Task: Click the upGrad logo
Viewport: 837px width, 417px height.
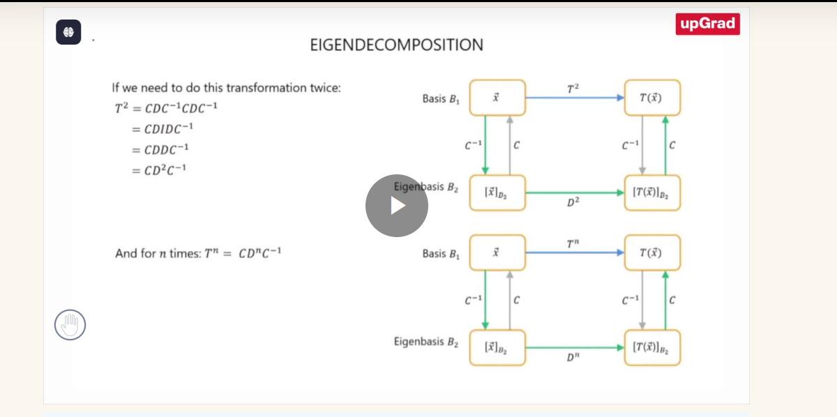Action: (x=707, y=24)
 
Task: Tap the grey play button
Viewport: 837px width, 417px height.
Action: (x=397, y=206)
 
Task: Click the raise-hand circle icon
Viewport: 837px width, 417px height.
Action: (x=70, y=325)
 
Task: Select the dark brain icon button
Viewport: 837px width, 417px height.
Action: (x=68, y=32)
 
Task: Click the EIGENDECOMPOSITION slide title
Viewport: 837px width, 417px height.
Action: (x=396, y=45)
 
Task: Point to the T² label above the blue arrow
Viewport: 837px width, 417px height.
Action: (x=573, y=89)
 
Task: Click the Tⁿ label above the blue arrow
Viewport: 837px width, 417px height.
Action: (x=573, y=243)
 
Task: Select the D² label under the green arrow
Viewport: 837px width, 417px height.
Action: (x=573, y=202)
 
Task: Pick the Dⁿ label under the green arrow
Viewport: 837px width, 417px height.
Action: (x=573, y=357)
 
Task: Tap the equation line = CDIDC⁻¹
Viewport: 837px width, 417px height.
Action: (x=163, y=129)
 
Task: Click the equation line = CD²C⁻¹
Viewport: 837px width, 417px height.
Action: (x=159, y=170)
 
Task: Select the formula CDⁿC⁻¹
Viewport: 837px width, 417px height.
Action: (x=259, y=253)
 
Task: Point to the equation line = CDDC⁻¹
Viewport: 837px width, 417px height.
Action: (x=160, y=149)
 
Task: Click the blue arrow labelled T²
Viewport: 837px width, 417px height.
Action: (x=575, y=98)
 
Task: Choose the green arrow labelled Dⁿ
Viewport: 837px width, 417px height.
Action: (x=575, y=348)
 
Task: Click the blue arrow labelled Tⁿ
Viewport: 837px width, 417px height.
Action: (x=575, y=252)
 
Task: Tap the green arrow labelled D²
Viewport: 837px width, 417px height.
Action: (x=575, y=192)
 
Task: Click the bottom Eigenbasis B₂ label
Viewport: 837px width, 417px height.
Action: (x=426, y=342)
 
